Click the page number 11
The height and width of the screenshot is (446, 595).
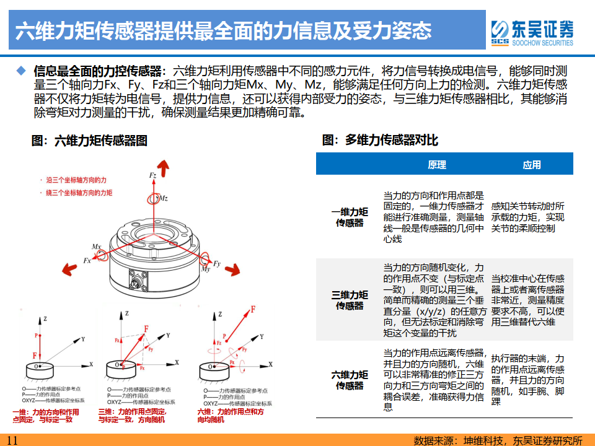[x=12, y=440]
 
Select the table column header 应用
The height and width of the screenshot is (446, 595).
[x=531, y=165]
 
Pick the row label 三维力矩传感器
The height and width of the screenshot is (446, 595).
[x=350, y=300]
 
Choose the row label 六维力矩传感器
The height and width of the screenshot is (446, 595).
[x=350, y=380]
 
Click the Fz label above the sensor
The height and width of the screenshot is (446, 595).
[x=152, y=176]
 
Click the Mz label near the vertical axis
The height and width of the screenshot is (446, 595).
[x=162, y=199]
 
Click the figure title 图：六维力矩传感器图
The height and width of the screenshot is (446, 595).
[x=89, y=141]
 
